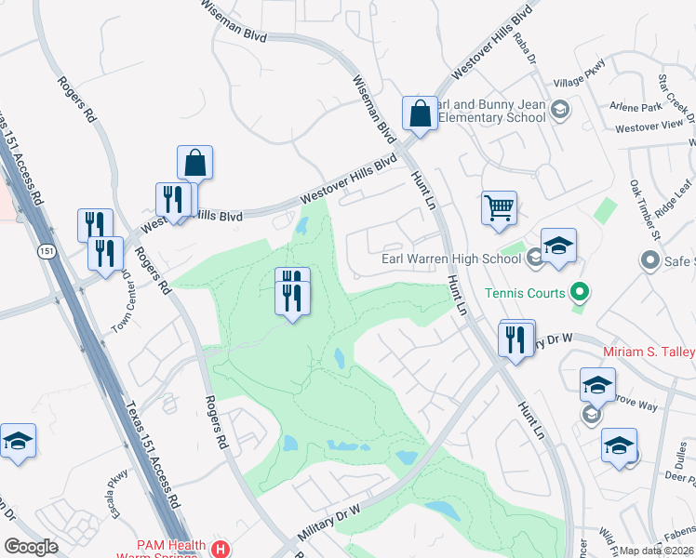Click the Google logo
[x=32, y=547]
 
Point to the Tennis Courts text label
[x=525, y=294]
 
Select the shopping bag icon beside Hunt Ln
[x=420, y=113]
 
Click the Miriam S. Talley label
[x=649, y=352]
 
